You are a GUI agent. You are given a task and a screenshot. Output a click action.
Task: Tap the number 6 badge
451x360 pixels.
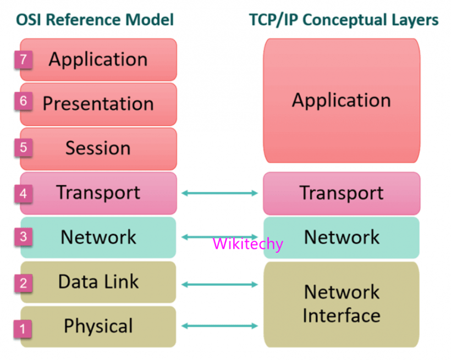coord(23,102)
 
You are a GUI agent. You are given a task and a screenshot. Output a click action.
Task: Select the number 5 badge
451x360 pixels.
coord(23,147)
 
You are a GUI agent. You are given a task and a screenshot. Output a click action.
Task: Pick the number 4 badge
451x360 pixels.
coord(23,193)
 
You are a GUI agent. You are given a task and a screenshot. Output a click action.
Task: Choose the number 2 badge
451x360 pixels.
coord(23,284)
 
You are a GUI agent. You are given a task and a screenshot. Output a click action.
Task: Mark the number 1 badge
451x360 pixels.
coord(23,329)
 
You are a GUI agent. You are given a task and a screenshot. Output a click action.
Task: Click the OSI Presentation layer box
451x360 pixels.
coord(98,104)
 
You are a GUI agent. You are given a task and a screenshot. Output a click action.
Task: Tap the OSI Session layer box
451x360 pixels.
coord(98,148)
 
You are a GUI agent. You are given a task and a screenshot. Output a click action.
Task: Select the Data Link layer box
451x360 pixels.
coord(98,282)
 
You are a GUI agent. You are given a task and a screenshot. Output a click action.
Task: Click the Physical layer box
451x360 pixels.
coord(98,326)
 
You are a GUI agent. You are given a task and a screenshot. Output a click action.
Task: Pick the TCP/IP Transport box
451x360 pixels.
coord(342,193)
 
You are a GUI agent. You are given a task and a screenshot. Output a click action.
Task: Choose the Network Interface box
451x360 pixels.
coord(342,304)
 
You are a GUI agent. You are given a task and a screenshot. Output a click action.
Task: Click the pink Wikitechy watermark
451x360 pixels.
coord(248,243)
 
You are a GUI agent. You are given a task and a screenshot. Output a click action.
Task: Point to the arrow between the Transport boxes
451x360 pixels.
coord(219,193)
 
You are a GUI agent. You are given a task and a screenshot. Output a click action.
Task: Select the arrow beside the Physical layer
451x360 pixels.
coord(219,326)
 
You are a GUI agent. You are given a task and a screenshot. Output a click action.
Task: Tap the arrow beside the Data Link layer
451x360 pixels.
coord(219,284)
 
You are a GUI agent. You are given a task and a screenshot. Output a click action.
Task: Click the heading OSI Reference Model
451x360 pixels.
coord(95,20)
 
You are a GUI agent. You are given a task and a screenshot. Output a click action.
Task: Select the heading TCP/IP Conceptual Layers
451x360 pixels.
coord(344,20)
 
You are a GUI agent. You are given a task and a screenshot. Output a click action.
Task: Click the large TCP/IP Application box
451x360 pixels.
coord(342,100)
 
